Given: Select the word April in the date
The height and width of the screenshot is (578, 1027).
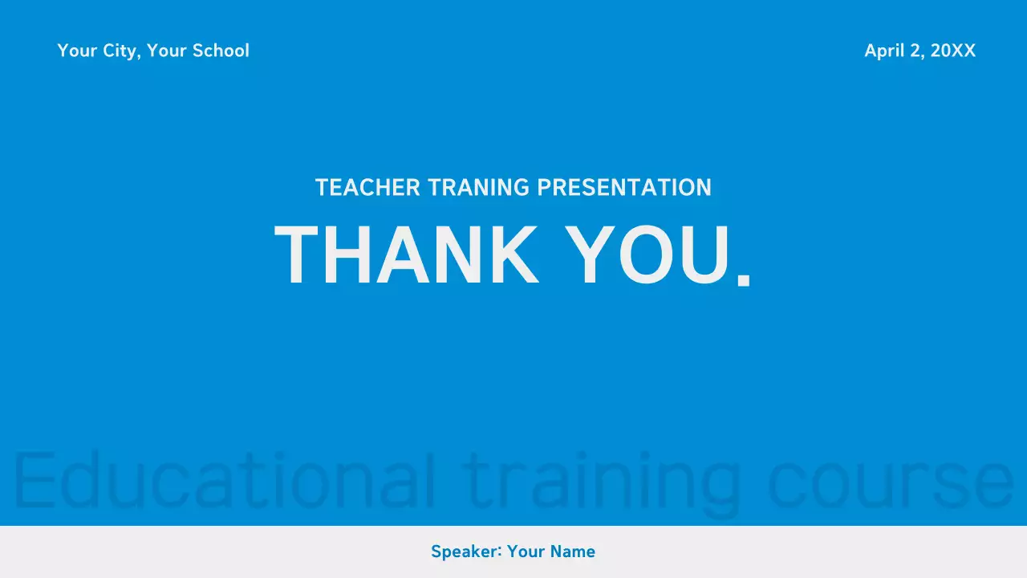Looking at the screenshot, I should tap(884, 51).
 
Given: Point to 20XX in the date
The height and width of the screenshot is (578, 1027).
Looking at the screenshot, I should tap(953, 51).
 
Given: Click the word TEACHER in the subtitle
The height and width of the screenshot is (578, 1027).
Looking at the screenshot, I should tap(367, 188).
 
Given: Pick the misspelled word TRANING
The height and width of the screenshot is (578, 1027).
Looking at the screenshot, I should tap(478, 188).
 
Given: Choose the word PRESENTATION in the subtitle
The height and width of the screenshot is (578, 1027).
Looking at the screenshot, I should tap(624, 188).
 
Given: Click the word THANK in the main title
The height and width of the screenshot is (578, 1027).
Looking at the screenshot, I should tap(406, 256).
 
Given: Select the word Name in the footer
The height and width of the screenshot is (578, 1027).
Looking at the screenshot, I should tap(573, 552).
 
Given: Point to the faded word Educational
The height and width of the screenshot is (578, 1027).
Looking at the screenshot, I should tap(225, 480).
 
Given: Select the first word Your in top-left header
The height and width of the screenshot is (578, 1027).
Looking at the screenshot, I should tap(77, 51).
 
